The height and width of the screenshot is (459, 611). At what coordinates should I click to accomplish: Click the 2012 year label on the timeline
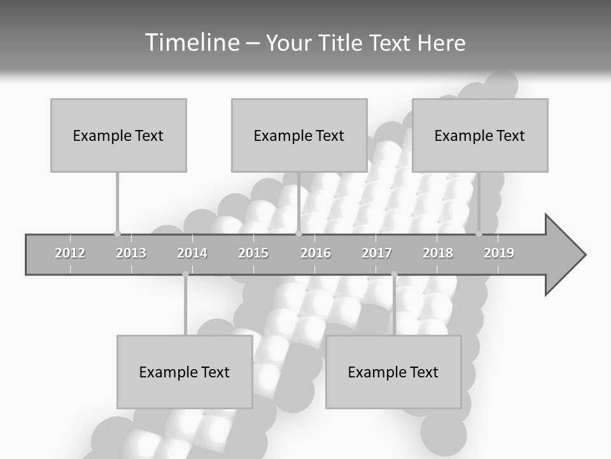pos(70,253)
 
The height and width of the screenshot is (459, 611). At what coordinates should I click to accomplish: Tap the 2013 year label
pos(131,253)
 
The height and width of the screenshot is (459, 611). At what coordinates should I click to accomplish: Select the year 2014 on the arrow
pos(192,253)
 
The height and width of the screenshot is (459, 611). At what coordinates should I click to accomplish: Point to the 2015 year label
pos(253,253)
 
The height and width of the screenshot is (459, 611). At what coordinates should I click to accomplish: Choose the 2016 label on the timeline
pos(316,253)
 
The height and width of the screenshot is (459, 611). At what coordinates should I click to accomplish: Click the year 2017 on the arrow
pos(377,253)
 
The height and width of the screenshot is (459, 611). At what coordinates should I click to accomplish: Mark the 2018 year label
pos(438,253)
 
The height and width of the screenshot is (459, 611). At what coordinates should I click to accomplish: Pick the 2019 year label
pos(499,253)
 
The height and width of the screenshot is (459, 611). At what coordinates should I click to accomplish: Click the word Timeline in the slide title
pos(191,43)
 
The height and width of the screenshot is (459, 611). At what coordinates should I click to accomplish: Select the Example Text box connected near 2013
pos(118,135)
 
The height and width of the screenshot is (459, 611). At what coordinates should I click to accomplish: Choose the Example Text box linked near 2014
pos(185,372)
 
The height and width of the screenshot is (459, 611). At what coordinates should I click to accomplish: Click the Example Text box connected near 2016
pos(299,135)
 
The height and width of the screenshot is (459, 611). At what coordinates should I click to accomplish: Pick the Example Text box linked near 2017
pos(393,372)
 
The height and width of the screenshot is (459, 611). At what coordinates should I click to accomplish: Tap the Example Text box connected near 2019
pos(480,135)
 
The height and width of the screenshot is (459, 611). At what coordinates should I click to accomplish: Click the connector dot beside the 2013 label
pos(117,233)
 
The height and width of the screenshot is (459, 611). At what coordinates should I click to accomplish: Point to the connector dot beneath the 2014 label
pos(185,274)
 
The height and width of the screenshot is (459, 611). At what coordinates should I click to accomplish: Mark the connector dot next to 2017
pos(394,274)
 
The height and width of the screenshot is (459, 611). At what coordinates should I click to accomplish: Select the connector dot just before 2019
pos(479,233)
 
